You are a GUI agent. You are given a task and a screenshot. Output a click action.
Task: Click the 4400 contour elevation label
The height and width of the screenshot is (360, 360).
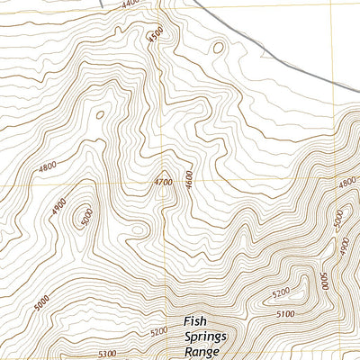coord(130,4)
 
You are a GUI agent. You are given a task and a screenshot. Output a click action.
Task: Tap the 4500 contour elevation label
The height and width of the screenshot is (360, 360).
coord(157,36)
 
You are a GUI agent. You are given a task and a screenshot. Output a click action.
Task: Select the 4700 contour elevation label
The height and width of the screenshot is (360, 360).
coord(163,181)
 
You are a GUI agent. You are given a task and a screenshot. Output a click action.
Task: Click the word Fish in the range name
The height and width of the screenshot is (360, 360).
coord(197,320)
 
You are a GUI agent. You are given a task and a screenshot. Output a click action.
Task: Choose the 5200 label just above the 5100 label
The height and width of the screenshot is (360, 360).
coord(282,292)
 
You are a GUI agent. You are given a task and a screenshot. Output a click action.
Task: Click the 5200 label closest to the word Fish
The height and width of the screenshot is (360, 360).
coord(159,332)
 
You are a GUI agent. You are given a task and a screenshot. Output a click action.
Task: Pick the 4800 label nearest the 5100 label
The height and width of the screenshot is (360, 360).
coord(346,183)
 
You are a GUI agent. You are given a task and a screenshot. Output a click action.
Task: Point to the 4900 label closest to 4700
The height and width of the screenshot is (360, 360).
coord(59,206)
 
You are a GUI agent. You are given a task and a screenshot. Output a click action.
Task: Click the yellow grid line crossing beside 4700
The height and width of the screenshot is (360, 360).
coord(161,186)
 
